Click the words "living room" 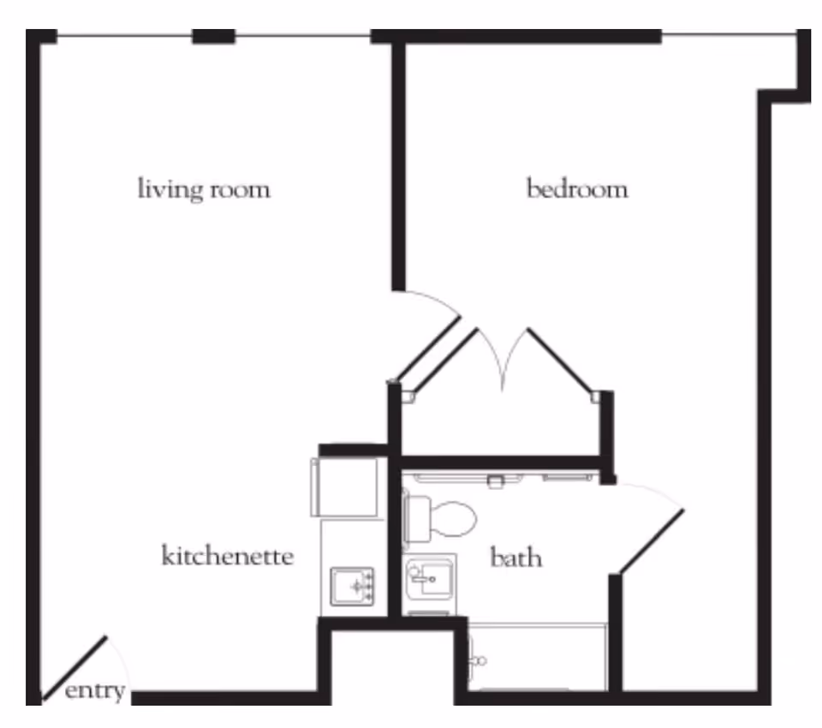pos(204,188)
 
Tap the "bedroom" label pos(576,188)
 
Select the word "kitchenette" pos(227,556)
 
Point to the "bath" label pos(515,558)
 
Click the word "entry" pos(94,690)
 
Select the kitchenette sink pos(352,586)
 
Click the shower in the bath pos(538,657)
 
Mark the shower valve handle pos(480,661)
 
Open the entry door pos(75,667)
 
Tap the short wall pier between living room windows pos(213,36)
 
